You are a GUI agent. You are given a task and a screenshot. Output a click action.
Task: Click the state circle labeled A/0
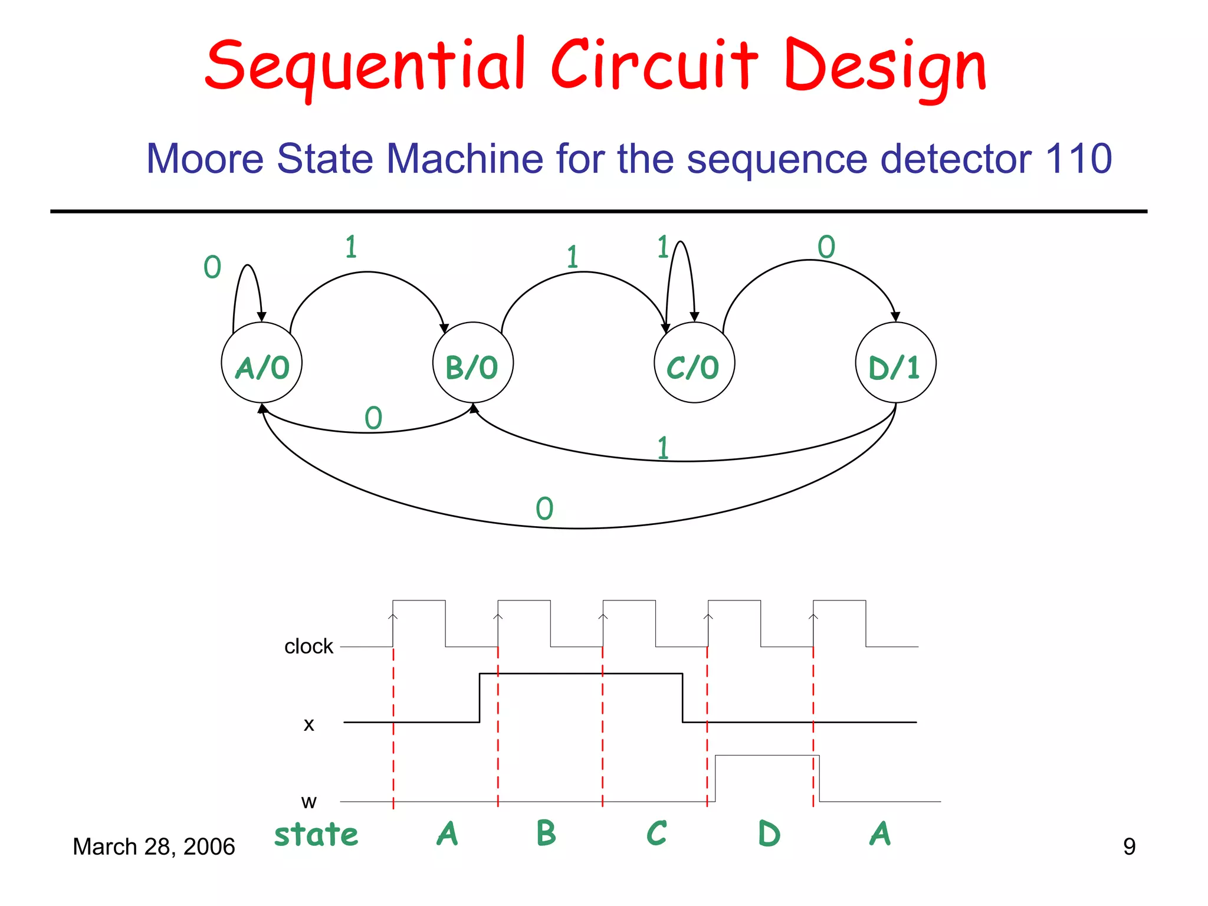(x=261, y=363)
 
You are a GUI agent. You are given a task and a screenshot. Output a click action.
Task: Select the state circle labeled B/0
(x=472, y=363)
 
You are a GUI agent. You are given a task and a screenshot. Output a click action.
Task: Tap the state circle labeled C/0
(x=694, y=363)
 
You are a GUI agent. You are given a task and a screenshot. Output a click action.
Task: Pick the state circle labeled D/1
(x=895, y=363)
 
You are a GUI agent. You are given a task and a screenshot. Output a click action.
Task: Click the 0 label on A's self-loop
(x=212, y=267)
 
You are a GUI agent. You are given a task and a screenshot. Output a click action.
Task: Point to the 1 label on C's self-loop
(x=663, y=247)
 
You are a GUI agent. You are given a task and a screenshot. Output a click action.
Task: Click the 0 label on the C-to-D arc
(x=826, y=247)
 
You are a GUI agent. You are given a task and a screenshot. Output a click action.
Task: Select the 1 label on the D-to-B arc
(x=663, y=448)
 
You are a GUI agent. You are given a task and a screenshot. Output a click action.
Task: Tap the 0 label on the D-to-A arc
(x=544, y=508)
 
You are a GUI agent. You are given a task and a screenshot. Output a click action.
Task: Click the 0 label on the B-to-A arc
(x=373, y=418)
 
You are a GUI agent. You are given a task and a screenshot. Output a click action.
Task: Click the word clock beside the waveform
(x=308, y=646)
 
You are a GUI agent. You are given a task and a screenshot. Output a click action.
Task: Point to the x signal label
(x=308, y=724)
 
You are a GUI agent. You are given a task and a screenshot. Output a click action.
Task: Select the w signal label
(x=308, y=802)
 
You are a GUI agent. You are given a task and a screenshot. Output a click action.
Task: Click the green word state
(x=316, y=835)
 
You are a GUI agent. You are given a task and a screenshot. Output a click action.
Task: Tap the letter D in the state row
(x=769, y=834)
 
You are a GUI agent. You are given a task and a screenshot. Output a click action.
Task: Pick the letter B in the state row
(x=546, y=833)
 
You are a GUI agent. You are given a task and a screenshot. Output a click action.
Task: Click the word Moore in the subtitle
(x=205, y=159)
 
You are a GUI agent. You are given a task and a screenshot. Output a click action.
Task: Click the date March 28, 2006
(x=153, y=847)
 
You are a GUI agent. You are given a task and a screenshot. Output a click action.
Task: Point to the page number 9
(x=1129, y=847)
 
